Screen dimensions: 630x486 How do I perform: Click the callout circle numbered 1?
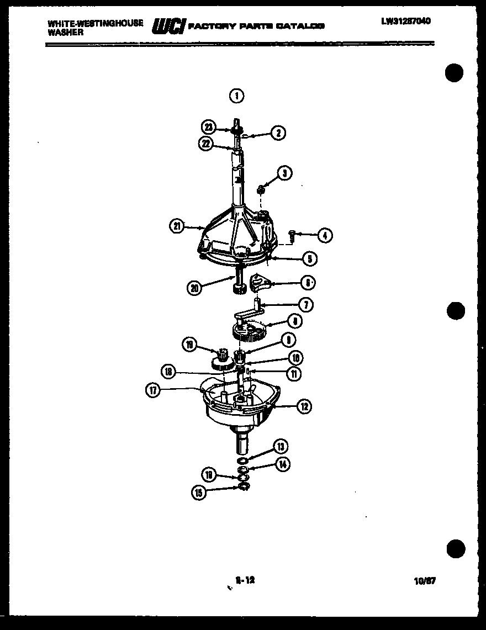click(236, 96)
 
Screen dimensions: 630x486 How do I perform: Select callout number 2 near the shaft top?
click(277, 133)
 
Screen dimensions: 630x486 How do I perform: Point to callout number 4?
click(325, 236)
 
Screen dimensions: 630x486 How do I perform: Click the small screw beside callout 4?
click(294, 237)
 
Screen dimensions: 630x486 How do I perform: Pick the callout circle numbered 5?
click(309, 257)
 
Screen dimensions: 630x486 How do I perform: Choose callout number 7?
click(305, 304)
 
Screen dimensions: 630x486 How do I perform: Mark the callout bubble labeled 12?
click(303, 407)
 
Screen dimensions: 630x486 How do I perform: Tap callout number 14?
click(282, 464)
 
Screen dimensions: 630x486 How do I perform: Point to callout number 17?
click(153, 390)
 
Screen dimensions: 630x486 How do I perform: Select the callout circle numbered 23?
click(208, 127)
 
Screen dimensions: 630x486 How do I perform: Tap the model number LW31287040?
click(405, 21)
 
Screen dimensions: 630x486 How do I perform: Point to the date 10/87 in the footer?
click(424, 581)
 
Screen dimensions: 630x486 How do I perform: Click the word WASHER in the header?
click(66, 32)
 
